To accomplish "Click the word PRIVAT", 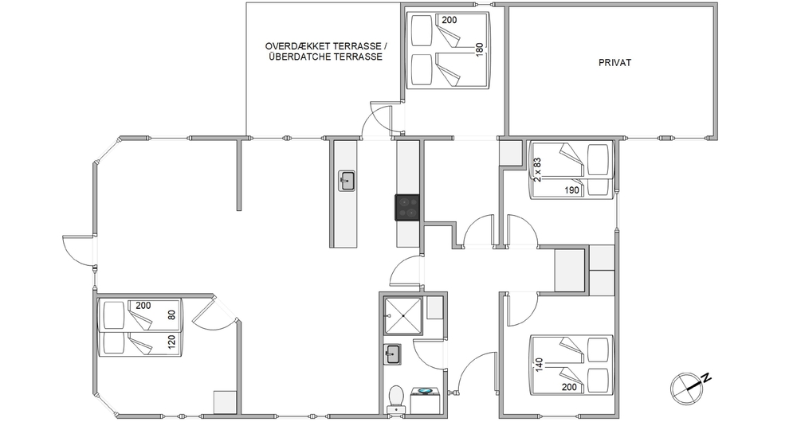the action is click(x=614, y=62).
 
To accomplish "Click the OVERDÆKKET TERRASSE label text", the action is click(x=326, y=46).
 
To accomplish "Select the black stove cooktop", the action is click(x=407, y=207).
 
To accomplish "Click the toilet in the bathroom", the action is click(x=395, y=399).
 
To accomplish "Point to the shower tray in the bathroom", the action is click(x=403, y=316).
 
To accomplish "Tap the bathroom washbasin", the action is click(x=392, y=354).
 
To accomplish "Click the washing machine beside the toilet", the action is click(x=425, y=399).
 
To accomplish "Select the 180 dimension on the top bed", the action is click(x=479, y=50).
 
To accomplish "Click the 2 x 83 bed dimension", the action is click(x=537, y=170).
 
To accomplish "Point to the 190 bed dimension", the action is click(x=571, y=190).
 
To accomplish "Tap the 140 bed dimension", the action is click(x=539, y=365).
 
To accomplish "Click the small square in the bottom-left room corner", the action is click(x=226, y=402).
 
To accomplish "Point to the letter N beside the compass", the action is click(x=706, y=377).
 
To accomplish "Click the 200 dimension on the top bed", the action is click(x=449, y=21).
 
